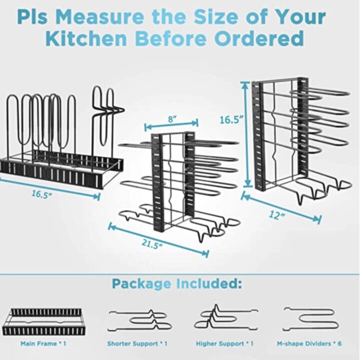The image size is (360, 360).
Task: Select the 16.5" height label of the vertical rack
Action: pyautogui.click(x=231, y=120)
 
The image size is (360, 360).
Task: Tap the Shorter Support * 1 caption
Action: pyautogui.click(x=137, y=344)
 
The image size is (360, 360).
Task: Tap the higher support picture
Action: pyautogui.click(x=223, y=319)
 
